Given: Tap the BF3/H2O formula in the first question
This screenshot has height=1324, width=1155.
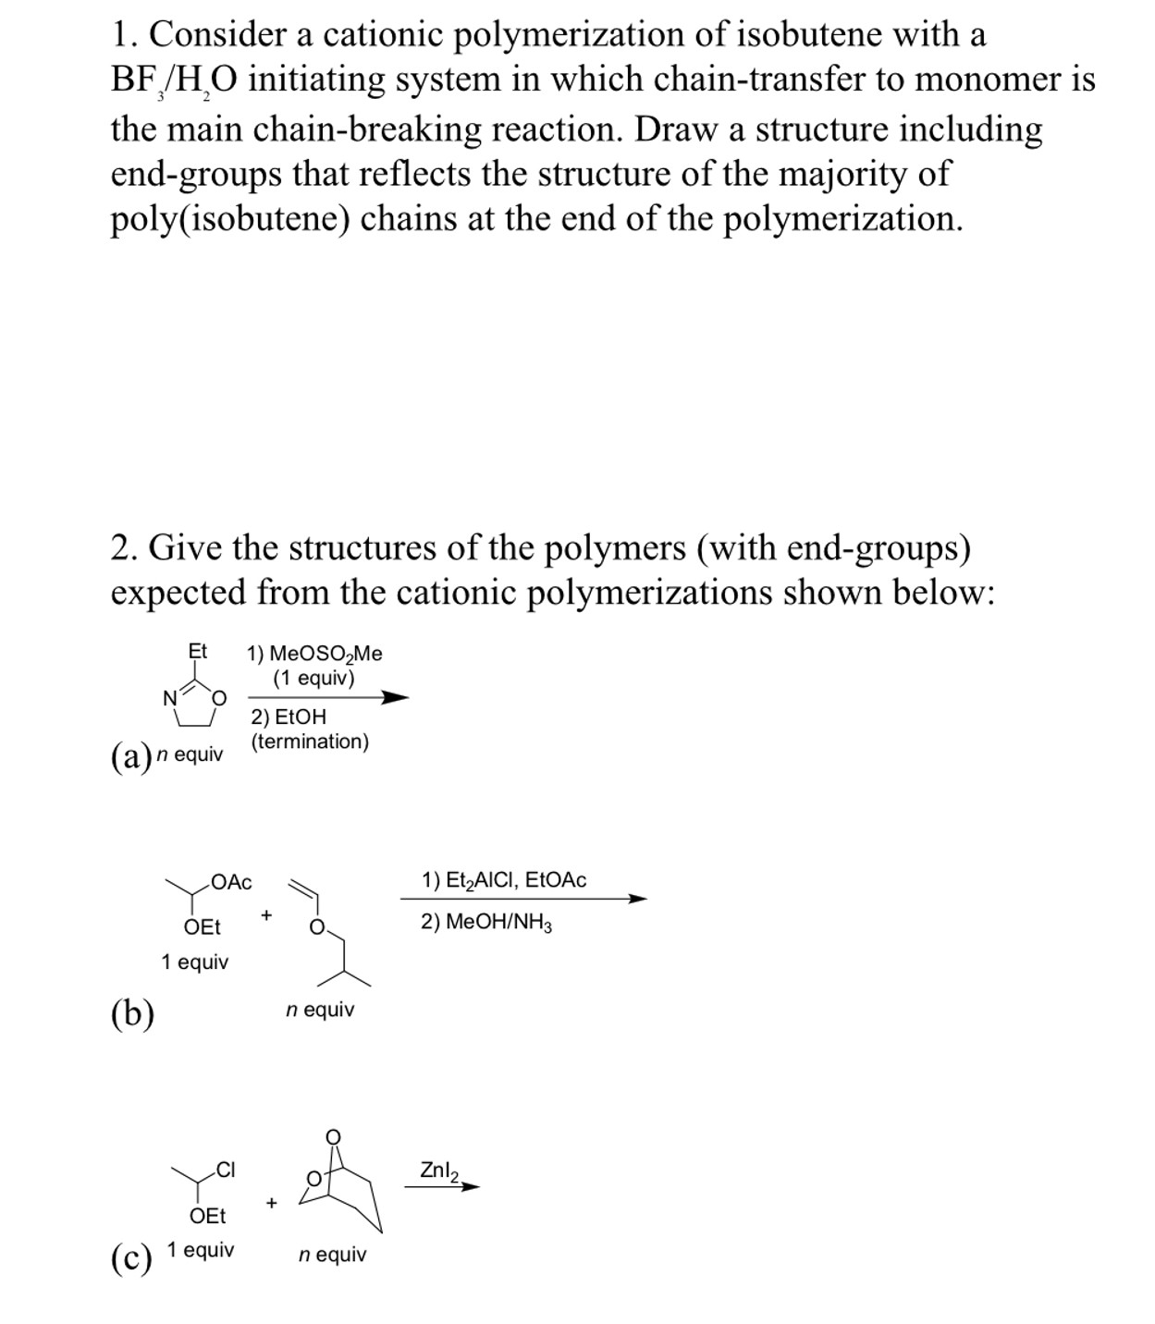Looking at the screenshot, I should [x=173, y=81].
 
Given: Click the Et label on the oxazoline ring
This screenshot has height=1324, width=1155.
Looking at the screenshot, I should [x=198, y=651].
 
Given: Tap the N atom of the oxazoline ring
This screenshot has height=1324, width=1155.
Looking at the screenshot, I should [x=170, y=699].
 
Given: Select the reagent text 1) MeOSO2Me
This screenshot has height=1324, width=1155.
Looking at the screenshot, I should [x=314, y=654].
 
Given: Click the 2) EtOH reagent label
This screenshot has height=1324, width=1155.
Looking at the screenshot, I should [x=289, y=717].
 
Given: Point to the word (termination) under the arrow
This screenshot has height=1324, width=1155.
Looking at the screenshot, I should [x=310, y=741].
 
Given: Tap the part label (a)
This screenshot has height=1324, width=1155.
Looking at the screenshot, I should [x=130, y=756].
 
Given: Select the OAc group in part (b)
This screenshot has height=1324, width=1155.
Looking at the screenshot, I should [x=231, y=882].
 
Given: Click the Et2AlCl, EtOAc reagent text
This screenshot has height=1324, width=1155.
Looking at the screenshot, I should [x=504, y=880].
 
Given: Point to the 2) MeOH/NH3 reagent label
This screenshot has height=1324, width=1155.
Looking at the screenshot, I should [x=486, y=922].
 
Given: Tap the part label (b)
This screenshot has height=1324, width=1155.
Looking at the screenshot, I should [x=132, y=1013].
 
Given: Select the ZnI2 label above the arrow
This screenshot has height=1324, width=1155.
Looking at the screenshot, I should [x=439, y=1171].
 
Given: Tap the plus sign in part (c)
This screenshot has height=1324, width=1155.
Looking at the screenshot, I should [x=271, y=1203].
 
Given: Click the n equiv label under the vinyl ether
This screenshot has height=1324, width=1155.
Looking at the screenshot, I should [x=320, y=1009].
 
